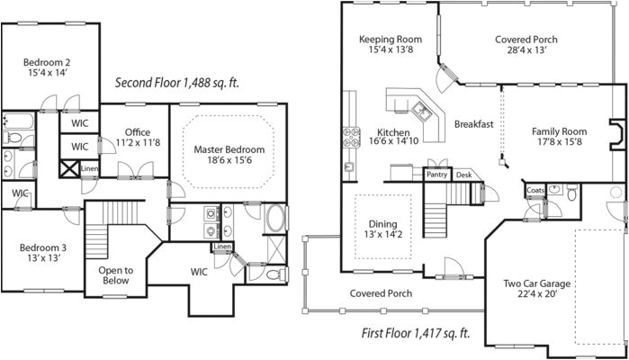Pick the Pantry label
437,175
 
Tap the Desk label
463,175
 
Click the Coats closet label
535,190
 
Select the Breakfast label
473,123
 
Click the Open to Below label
115,275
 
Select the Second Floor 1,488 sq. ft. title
176,83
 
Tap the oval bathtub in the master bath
275,220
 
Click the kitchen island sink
420,112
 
